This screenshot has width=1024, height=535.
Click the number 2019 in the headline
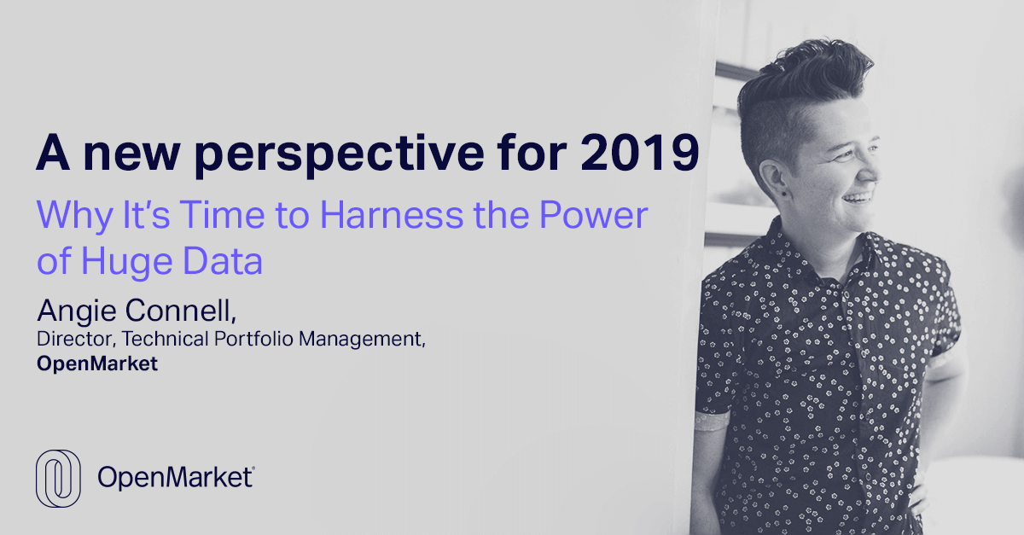(640, 152)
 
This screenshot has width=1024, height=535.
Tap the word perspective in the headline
(340, 155)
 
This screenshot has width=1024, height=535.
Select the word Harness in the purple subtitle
(392, 214)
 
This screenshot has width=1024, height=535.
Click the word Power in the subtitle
(594, 214)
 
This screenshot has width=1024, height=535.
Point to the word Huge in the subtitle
(126, 263)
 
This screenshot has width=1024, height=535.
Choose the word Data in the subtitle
(223, 260)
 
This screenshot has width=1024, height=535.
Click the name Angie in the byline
(77, 311)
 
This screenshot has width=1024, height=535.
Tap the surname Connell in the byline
(181, 311)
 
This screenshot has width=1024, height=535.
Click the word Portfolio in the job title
(253, 339)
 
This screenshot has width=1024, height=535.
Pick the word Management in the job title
(362, 340)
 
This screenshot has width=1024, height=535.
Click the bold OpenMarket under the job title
(97, 364)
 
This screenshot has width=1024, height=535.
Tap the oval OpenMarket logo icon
(58, 479)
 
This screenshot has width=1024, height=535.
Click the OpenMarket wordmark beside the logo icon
(176, 477)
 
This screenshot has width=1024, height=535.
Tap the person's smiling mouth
(857, 198)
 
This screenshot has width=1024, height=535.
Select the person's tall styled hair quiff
(805, 71)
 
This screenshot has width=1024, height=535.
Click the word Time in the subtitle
(222, 214)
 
